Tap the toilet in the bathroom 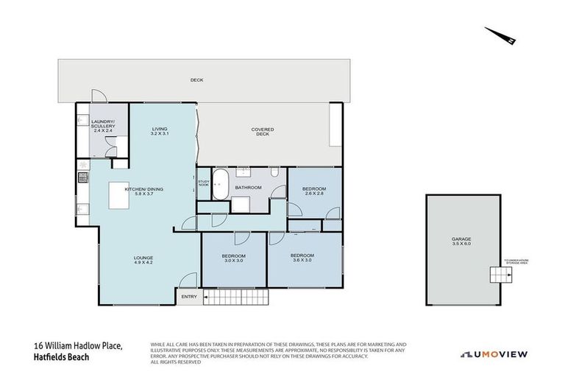(x=274, y=172)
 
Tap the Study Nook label (x=203, y=183)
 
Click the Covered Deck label (x=263, y=133)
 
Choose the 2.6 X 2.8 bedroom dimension (x=314, y=194)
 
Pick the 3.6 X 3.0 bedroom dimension (x=302, y=260)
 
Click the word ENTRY (x=189, y=297)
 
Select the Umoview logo (x=494, y=354)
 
